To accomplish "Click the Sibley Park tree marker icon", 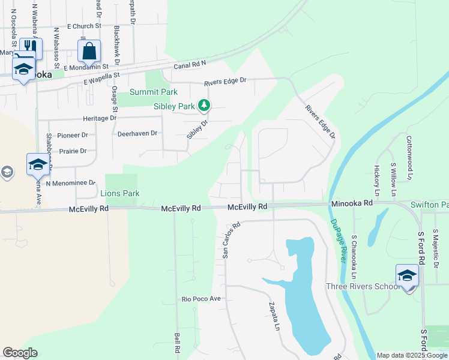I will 205,106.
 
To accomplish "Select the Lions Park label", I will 119,193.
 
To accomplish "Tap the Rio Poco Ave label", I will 202,298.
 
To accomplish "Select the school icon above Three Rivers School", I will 407,276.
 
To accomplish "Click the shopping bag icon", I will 89,52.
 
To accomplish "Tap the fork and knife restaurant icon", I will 31,48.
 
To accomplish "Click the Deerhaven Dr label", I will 137,133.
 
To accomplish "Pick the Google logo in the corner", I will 20,353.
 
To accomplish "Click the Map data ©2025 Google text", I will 412,355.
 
